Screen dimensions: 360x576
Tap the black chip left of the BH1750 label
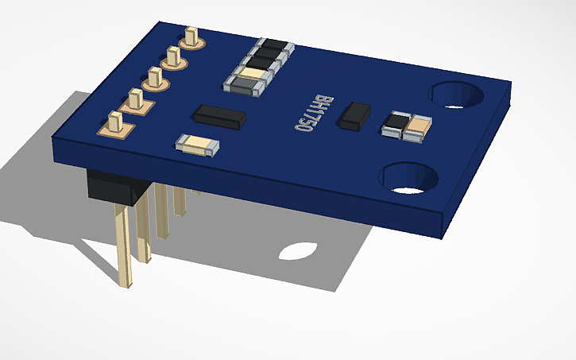(x=219, y=116)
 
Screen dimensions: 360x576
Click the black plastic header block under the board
(x=115, y=187)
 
